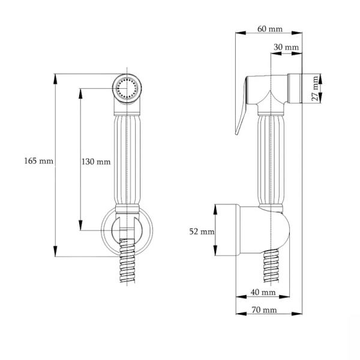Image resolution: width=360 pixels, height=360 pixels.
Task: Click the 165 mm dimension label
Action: pyautogui.click(x=39, y=161)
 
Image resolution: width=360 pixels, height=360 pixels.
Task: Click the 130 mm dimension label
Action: pyautogui.click(x=95, y=161)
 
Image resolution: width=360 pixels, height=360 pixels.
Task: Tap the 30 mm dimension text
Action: pyautogui.click(x=286, y=47)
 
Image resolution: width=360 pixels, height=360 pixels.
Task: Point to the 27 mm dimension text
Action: pyautogui.click(x=315, y=88)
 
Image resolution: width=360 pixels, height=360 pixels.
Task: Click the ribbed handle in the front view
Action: pyautogui.click(x=127, y=162)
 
